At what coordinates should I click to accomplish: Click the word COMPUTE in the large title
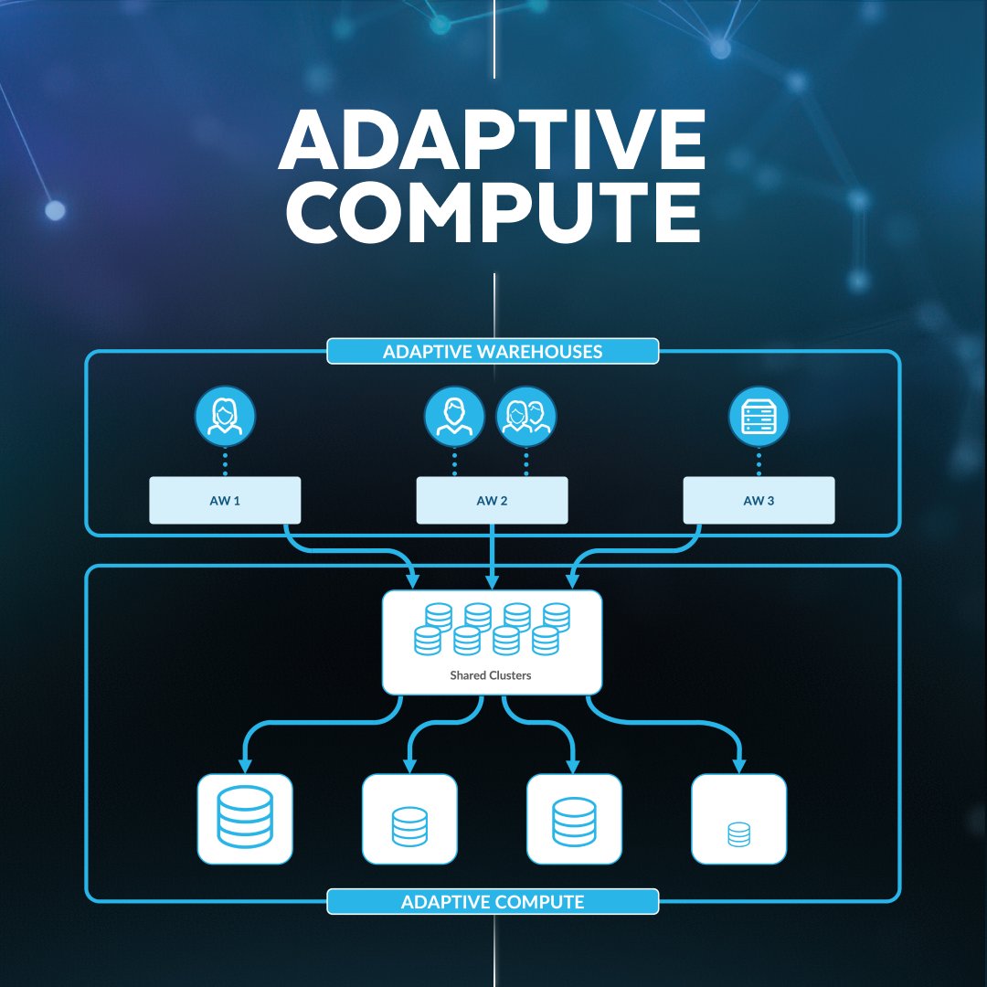coord(493,213)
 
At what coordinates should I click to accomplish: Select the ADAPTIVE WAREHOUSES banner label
coord(493,352)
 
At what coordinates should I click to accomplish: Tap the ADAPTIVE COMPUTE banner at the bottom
coord(493,902)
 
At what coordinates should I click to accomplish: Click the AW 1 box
coord(225,501)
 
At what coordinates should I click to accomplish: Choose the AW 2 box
coord(492,501)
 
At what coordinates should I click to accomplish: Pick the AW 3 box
coord(759,501)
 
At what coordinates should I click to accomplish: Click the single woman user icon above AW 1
coord(225,417)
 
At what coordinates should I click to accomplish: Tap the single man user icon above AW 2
coord(454,417)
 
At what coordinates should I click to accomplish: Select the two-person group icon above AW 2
coord(525,417)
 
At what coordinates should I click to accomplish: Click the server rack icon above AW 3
coord(759,417)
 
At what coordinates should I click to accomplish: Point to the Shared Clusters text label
coord(490,676)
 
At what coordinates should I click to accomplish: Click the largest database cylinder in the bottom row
coord(245,816)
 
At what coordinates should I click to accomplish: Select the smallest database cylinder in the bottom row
coord(738,833)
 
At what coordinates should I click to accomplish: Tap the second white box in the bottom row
coord(409,819)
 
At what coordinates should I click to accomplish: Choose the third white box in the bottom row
coord(574,819)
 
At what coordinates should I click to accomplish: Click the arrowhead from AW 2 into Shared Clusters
coord(493,581)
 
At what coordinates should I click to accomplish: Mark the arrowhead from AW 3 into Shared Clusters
coord(572,581)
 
